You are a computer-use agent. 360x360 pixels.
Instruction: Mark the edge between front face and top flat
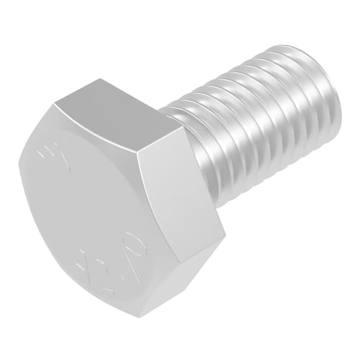click(x=94, y=126)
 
